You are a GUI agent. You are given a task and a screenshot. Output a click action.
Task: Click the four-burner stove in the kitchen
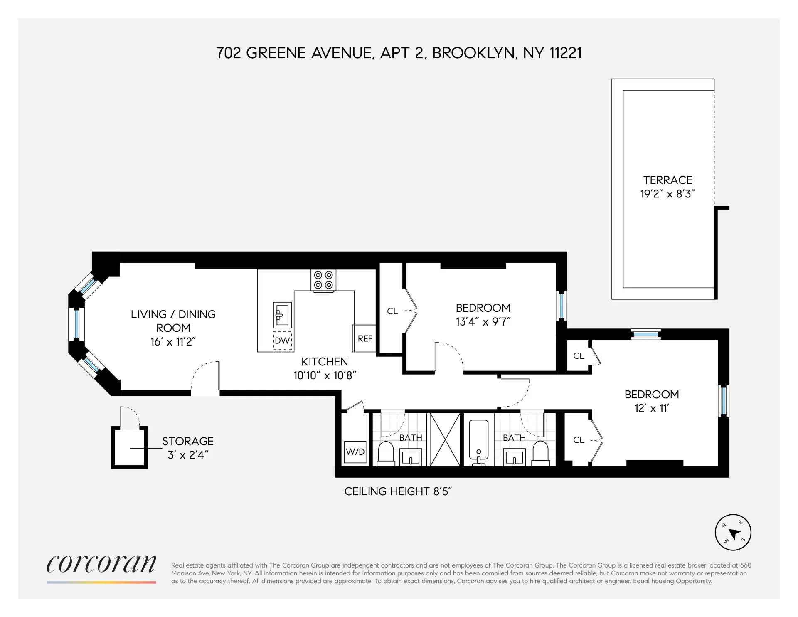click(x=323, y=280)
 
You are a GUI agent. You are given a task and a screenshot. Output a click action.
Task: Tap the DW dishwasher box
click(x=282, y=341)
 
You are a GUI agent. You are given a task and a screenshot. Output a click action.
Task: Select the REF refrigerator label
click(x=365, y=338)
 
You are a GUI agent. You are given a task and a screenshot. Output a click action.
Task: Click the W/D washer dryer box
click(x=355, y=452)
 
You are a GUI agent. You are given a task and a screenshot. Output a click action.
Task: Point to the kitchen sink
click(x=282, y=315)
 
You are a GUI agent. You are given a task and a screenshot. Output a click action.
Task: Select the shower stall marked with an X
click(x=445, y=439)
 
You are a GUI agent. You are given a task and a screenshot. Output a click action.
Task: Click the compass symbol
click(x=733, y=533)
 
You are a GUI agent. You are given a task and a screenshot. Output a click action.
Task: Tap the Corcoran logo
click(x=101, y=564)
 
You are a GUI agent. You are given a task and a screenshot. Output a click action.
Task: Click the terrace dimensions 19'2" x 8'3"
click(x=667, y=194)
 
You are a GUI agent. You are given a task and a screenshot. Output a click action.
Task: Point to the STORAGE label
click(x=187, y=441)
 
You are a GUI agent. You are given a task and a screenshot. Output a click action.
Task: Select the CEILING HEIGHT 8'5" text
click(x=398, y=491)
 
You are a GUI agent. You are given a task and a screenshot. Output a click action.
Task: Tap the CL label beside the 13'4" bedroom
click(x=392, y=311)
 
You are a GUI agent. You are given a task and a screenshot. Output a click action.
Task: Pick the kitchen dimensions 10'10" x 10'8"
click(x=325, y=375)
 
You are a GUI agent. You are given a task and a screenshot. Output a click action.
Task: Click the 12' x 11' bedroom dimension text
click(x=651, y=408)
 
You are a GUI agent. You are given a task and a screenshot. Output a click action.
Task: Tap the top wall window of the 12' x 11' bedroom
click(x=645, y=334)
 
